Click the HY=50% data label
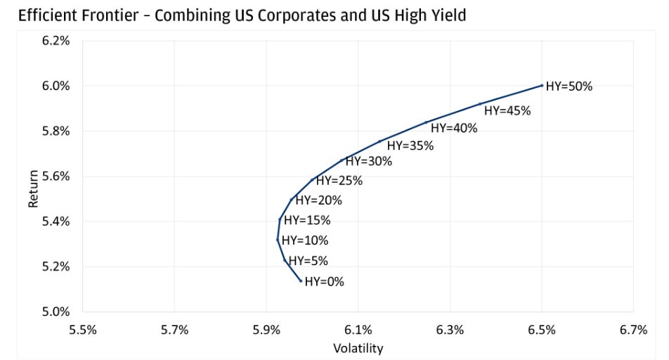(569, 87)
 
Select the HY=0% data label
(324, 282)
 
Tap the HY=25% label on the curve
(337, 181)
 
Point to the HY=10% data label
(305, 240)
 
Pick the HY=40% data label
(454, 128)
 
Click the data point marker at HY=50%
(542, 85)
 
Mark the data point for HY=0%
(301, 281)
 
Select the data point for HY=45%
(480, 103)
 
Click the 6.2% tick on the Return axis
(56, 41)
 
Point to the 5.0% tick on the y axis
(56, 311)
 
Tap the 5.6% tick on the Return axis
(56, 176)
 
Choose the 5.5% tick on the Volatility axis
(83, 330)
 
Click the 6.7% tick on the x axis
(633, 330)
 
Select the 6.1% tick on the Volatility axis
(358, 330)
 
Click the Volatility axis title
(358, 347)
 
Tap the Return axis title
(32, 176)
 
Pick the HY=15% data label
(306, 220)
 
